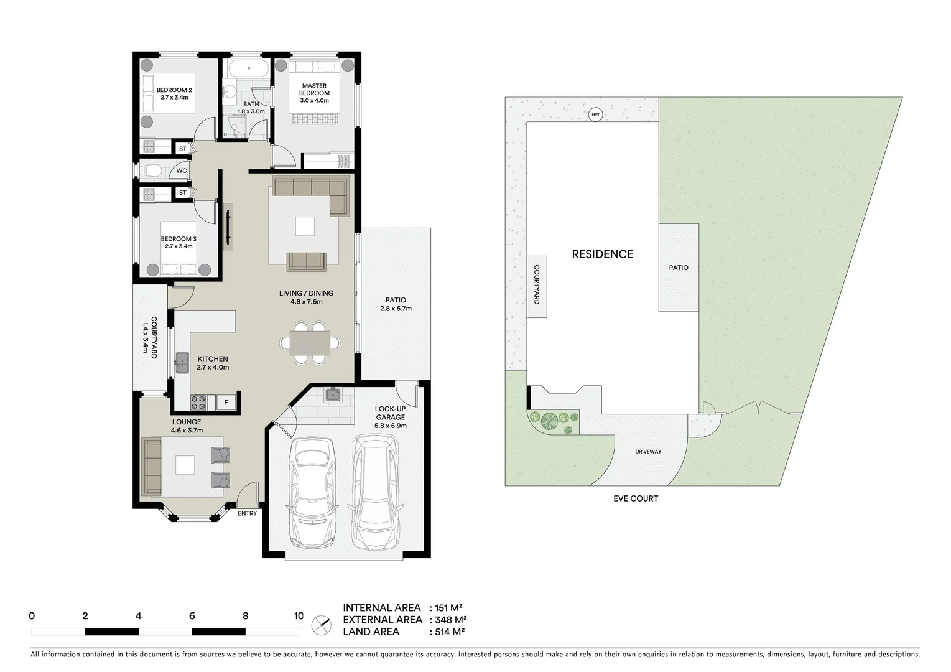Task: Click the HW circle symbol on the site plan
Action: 595,114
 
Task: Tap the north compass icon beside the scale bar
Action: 321,624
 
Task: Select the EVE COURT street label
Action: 635,498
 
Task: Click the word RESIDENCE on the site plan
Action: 602,254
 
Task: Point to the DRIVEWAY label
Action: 648,452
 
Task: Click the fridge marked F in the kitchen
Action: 226,403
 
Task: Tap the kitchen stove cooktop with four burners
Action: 198,403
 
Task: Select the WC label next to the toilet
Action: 181,170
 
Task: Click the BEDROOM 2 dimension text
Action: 174,98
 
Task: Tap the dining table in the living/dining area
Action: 310,343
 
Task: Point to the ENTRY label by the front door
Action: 247,513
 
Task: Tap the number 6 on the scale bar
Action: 192,616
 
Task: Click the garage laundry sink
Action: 332,394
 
